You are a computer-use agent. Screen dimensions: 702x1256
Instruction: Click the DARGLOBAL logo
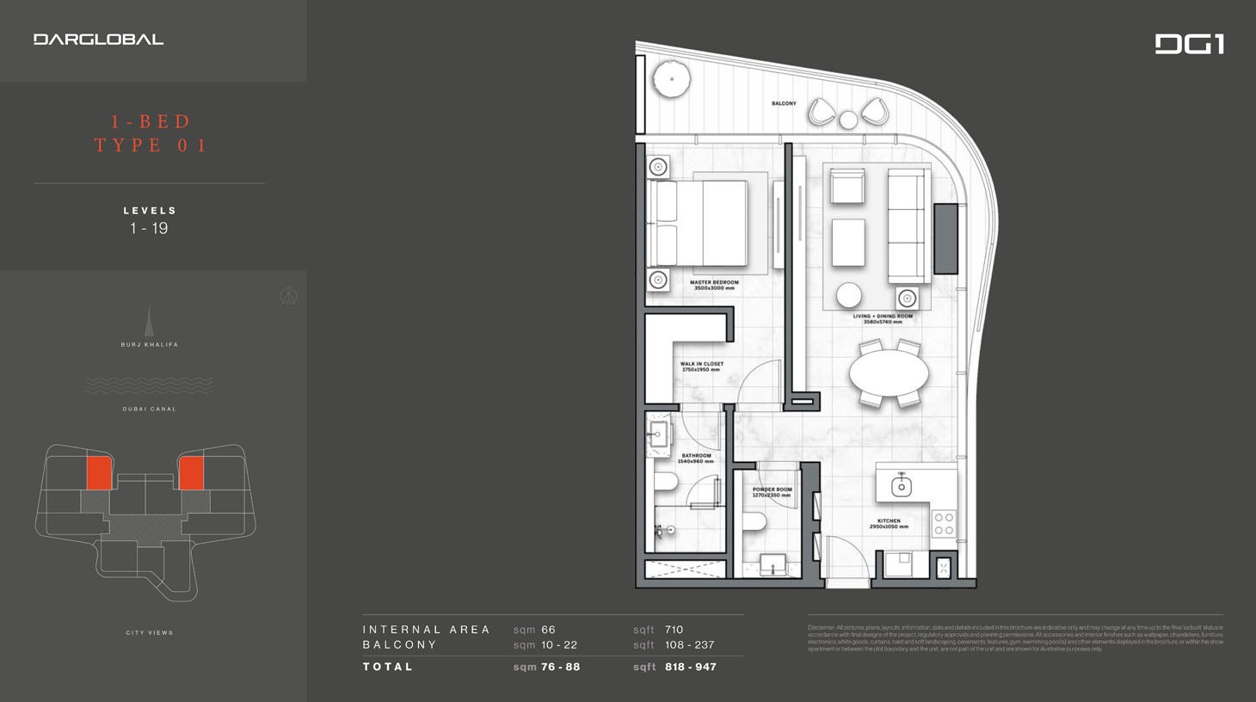pyautogui.click(x=98, y=40)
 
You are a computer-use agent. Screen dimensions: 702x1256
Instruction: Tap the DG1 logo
pyautogui.click(x=1189, y=44)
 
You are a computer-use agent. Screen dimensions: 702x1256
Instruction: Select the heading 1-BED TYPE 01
pyautogui.click(x=151, y=133)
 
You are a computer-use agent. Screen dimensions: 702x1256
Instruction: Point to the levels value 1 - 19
pyautogui.click(x=149, y=229)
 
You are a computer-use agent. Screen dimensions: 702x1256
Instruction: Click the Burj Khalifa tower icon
pyautogui.click(x=149, y=322)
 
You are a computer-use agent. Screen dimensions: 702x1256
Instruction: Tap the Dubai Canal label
pyautogui.click(x=149, y=409)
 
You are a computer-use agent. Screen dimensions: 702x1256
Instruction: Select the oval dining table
pyautogui.click(x=889, y=373)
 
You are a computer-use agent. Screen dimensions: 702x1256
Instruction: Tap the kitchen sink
pyautogui.click(x=901, y=486)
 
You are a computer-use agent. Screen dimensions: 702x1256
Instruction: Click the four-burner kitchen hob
pyautogui.click(x=944, y=523)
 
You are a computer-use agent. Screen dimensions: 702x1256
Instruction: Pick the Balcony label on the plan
pyautogui.click(x=783, y=103)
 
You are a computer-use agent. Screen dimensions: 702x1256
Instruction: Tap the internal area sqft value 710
pyautogui.click(x=674, y=630)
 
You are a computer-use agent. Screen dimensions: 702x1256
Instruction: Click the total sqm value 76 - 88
pyautogui.click(x=560, y=667)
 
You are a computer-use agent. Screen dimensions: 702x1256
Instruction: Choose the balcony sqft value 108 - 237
pyautogui.click(x=689, y=645)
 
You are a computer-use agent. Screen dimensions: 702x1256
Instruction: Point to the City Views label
pyautogui.click(x=149, y=632)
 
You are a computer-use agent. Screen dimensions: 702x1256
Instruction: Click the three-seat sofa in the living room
pyautogui.click(x=908, y=225)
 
